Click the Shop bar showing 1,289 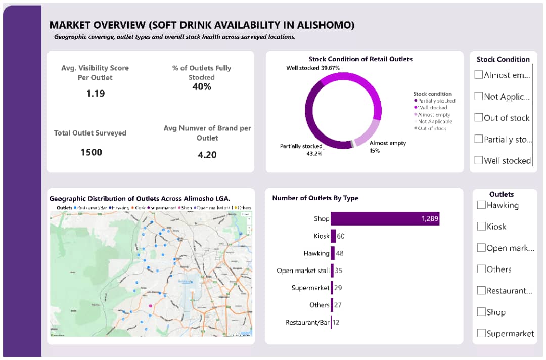(x=384, y=218)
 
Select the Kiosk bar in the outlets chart (x=333, y=236)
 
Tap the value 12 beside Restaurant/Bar (x=336, y=322)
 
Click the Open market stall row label (x=302, y=271)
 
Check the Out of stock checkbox (x=478, y=118)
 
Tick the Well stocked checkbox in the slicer (x=478, y=160)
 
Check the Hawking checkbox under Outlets (x=481, y=205)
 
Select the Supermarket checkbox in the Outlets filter (x=481, y=333)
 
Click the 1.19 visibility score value (x=95, y=94)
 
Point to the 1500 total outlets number (x=91, y=152)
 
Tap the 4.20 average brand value (x=207, y=155)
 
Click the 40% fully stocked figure (x=202, y=87)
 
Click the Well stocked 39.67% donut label (x=312, y=68)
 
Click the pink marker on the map (x=150, y=306)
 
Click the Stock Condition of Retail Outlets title (x=360, y=59)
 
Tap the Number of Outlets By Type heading (x=315, y=198)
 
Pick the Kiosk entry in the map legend (x=139, y=208)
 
